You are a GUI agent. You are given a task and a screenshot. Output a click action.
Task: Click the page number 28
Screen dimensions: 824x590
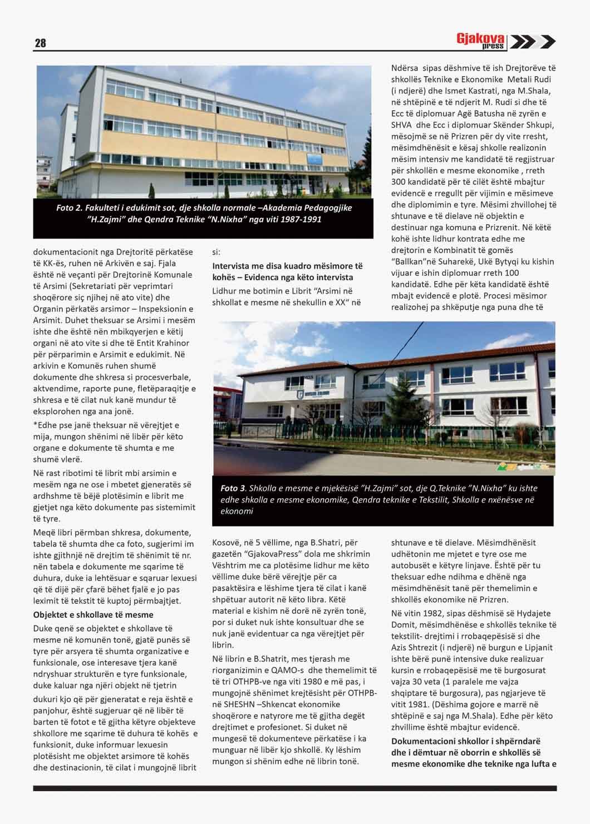point(40,43)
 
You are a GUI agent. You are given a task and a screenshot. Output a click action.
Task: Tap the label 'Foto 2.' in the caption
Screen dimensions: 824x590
point(70,207)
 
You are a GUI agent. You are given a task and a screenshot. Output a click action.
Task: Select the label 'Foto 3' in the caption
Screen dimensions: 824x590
point(233,488)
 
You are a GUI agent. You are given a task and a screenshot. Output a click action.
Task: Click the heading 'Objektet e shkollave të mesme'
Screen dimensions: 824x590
point(93,614)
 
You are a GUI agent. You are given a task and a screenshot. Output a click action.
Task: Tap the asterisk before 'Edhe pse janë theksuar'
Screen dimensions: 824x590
point(35,425)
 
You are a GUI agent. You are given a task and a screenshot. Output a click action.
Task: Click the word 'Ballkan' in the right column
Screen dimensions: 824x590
point(412,261)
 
